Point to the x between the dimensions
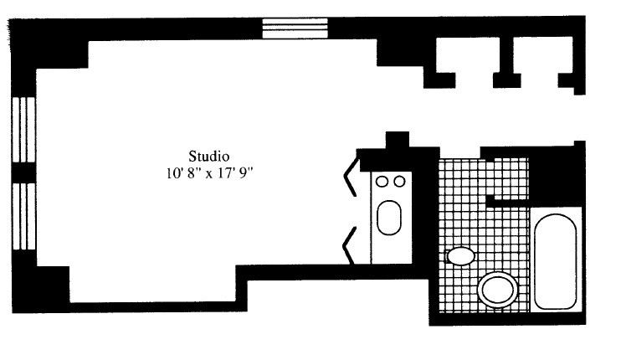pyautogui.click(x=208, y=176)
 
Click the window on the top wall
pyautogui.click(x=293, y=28)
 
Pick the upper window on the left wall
pyautogui.click(x=23, y=130)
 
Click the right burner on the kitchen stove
pyautogui.click(x=399, y=181)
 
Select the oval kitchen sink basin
pyautogui.click(x=389, y=219)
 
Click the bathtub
pyautogui.click(x=556, y=261)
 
